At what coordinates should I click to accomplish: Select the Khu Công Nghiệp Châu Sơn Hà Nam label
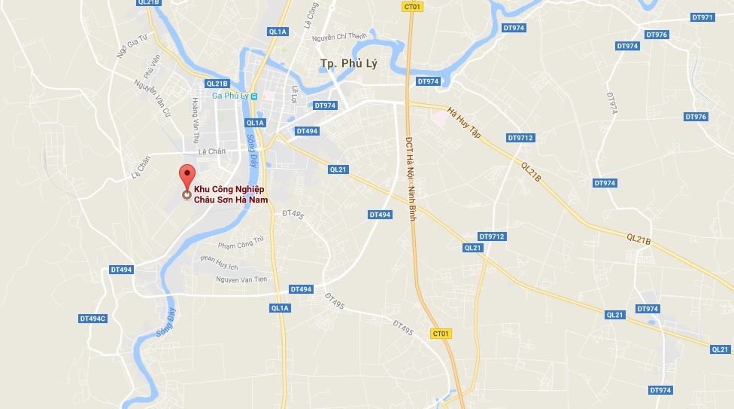point(232,194)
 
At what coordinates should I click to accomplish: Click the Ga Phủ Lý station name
point(230,96)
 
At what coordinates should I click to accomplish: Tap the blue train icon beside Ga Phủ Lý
point(255,96)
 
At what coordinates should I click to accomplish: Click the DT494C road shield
point(93,319)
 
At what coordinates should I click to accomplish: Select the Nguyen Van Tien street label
point(241,279)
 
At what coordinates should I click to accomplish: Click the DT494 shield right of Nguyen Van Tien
point(301,289)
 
